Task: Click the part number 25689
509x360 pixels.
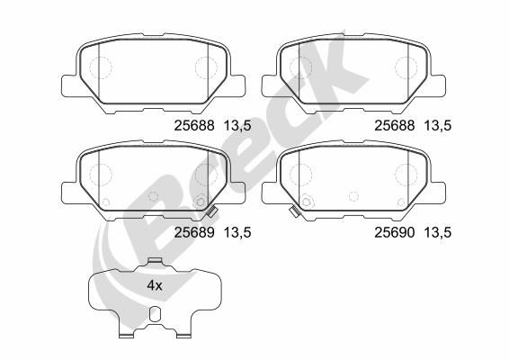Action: click(194, 232)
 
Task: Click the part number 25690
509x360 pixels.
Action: click(395, 232)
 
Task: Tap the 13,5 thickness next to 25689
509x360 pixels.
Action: click(237, 233)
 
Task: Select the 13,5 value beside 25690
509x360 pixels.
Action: click(438, 233)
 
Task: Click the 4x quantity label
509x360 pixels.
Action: click(155, 285)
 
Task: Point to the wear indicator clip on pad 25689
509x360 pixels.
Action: click(211, 212)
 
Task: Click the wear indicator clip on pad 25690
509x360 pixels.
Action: click(295, 212)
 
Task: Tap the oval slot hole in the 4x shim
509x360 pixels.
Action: click(155, 314)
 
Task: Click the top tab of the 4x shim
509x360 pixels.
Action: click(155, 260)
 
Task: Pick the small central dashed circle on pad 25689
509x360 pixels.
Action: click(153, 196)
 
